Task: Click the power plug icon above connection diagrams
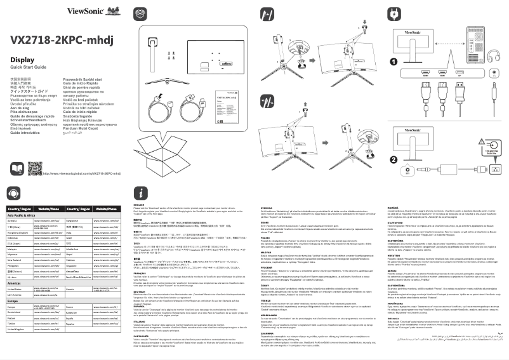click(x=394, y=13)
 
